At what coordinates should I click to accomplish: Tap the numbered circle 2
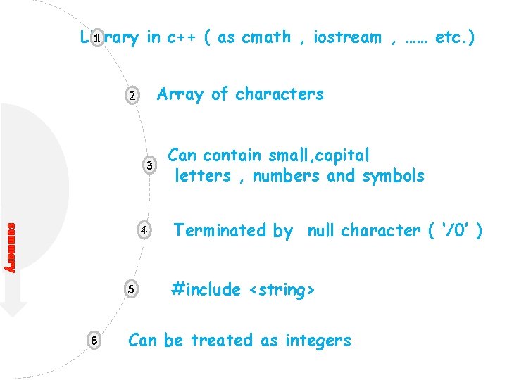pyautogui.click(x=131, y=96)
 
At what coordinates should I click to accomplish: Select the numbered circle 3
pyautogui.click(x=149, y=166)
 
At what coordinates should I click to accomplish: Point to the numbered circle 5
pyautogui.click(x=131, y=289)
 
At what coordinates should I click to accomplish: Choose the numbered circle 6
pyautogui.click(x=94, y=340)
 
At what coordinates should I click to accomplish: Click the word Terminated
pyautogui.click(x=219, y=230)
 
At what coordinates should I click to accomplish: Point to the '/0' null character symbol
pyautogui.click(x=451, y=230)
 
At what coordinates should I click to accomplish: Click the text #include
pyautogui.click(x=206, y=289)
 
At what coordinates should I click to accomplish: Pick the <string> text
pyautogui.click(x=281, y=289)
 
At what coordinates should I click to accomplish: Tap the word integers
pyautogui.click(x=318, y=341)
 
